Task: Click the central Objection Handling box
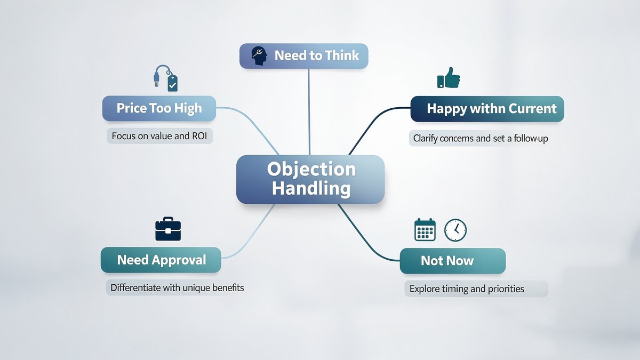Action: pyautogui.click(x=310, y=179)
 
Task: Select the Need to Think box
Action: pyautogui.click(x=303, y=56)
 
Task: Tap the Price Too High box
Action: pyautogui.click(x=159, y=108)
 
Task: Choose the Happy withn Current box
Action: pyautogui.click(x=487, y=109)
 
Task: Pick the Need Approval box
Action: pyautogui.click(x=161, y=260)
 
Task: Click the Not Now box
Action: pyautogui.click(x=453, y=261)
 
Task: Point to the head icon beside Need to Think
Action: pyautogui.click(x=259, y=56)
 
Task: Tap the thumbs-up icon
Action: pyautogui.click(x=449, y=77)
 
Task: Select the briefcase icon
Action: pyautogui.click(x=168, y=229)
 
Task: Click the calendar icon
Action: pyautogui.click(x=425, y=230)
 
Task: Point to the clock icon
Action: pyautogui.click(x=455, y=230)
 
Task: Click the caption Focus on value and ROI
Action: pyautogui.click(x=159, y=135)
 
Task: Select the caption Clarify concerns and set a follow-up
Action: pyautogui.click(x=481, y=138)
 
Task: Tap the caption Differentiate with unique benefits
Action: pyautogui.click(x=177, y=287)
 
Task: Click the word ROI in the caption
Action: pyautogui.click(x=199, y=136)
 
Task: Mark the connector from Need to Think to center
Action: pyautogui.click(x=309, y=112)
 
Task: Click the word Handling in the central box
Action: pyautogui.click(x=311, y=189)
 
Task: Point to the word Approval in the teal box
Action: pyautogui.click(x=179, y=260)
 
